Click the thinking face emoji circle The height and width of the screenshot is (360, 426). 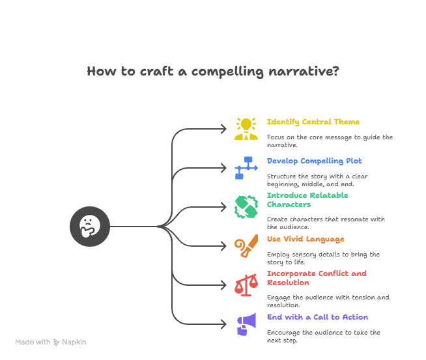click(x=90, y=227)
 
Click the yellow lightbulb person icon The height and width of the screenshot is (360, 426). click(x=246, y=129)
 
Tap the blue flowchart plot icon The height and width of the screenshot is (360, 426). click(x=246, y=167)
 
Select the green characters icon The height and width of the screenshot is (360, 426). click(x=246, y=206)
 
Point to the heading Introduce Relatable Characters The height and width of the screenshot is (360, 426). click(x=307, y=200)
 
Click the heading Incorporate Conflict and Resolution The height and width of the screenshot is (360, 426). click(x=317, y=278)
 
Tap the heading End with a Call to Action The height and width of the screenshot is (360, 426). click(x=317, y=317)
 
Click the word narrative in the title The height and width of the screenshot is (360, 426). click(x=304, y=71)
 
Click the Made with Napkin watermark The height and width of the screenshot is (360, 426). click(x=51, y=342)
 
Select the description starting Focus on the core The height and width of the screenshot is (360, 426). click(x=330, y=141)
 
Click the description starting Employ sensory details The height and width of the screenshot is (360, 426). click(x=323, y=258)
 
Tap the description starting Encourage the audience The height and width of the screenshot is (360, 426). click(x=324, y=336)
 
